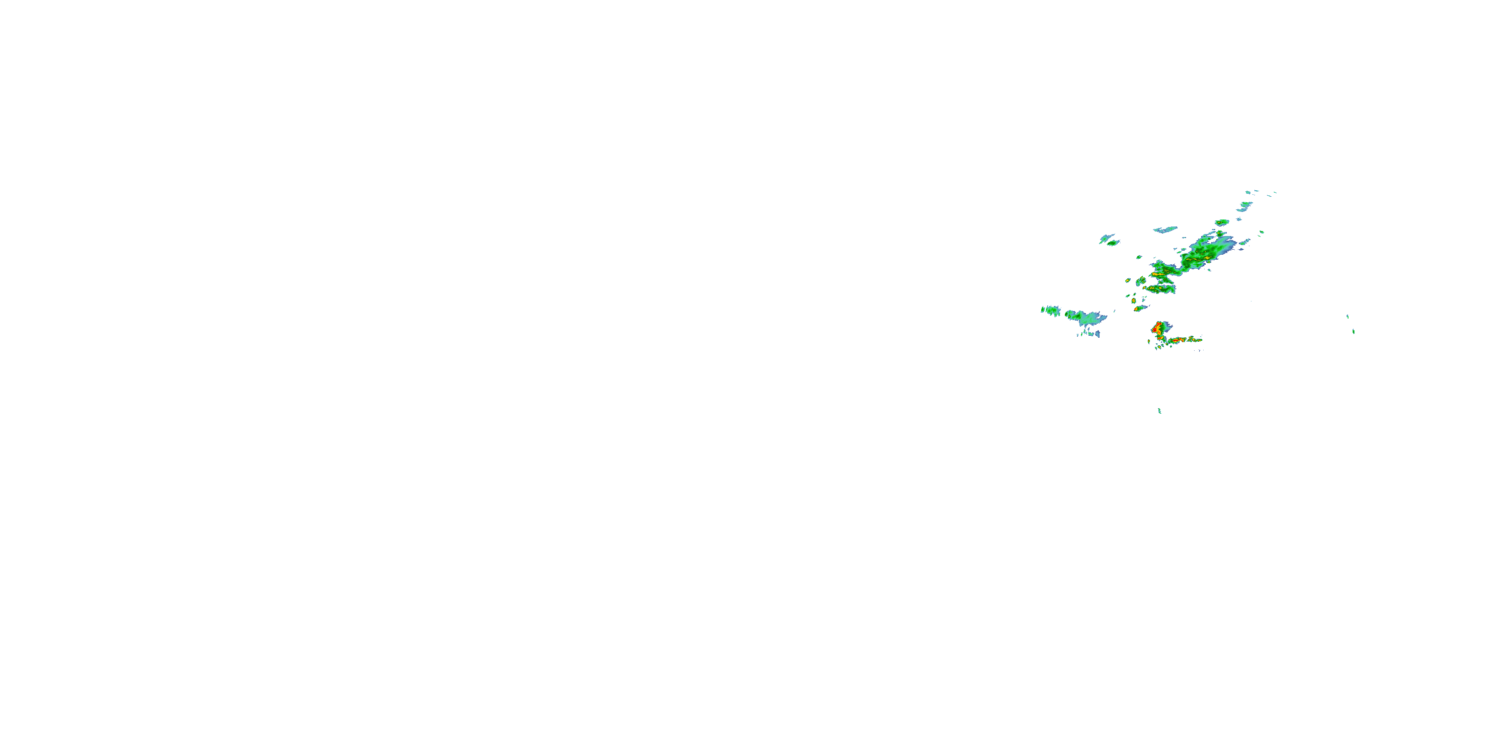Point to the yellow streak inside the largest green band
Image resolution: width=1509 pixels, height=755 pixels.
point(1195,259)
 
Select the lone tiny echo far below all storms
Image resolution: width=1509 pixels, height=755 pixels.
point(1159,411)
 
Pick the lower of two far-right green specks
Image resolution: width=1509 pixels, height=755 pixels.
point(1353,332)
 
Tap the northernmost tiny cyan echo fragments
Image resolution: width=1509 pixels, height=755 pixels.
point(1248,192)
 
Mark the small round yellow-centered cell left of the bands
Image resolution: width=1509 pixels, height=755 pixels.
point(1128,280)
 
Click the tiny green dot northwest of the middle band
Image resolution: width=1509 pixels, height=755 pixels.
point(1139,257)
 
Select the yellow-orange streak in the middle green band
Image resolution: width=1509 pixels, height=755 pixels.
point(1158,274)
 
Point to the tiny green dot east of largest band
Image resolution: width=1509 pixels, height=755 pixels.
point(1262,232)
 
